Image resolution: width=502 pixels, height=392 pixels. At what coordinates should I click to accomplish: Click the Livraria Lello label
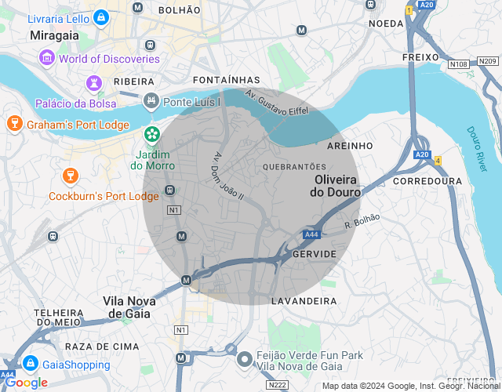point(58,17)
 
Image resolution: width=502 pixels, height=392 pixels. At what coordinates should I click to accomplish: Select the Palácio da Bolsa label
point(75,103)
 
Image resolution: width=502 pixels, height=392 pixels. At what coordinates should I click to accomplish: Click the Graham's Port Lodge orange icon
point(13,123)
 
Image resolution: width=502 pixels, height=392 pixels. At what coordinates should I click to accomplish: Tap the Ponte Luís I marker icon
point(151,100)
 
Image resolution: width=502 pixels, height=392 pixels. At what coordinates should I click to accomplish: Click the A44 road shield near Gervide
point(312,234)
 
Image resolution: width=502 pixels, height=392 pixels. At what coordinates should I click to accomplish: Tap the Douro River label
point(477,151)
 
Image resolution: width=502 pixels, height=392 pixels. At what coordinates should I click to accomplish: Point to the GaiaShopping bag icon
point(31,363)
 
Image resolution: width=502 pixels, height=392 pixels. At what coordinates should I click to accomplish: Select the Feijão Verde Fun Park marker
point(245,358)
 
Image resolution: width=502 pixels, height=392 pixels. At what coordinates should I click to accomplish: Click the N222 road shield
point(276,385)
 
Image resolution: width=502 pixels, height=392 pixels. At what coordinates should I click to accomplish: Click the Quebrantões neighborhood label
point(294,167)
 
